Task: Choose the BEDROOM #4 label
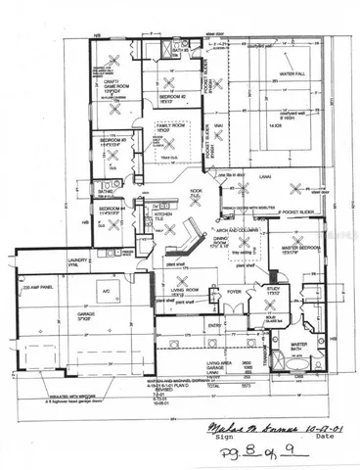[x=111, y=209]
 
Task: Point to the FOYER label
[x=235, y=292]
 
